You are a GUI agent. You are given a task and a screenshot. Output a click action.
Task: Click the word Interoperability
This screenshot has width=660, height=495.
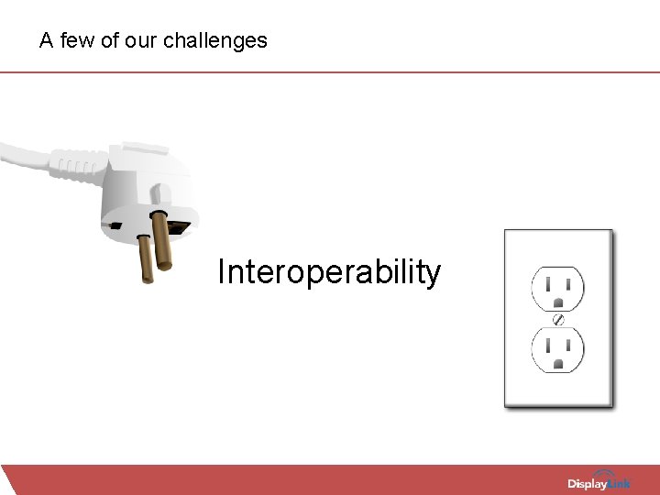click(328, 272)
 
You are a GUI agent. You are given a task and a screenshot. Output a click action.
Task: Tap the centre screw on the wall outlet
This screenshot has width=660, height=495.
click(557, 319)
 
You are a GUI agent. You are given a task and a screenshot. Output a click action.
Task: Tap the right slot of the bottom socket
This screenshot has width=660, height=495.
click(568, 346)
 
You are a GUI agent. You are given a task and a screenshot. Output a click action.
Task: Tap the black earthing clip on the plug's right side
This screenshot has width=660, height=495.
click(181, 225)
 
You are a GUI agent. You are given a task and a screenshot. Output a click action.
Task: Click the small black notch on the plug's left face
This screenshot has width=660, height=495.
click(113, 225)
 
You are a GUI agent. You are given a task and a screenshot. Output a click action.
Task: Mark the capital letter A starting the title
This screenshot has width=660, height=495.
click(46, 40)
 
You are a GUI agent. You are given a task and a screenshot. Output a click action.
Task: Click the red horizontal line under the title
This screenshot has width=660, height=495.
click(330, 71)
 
